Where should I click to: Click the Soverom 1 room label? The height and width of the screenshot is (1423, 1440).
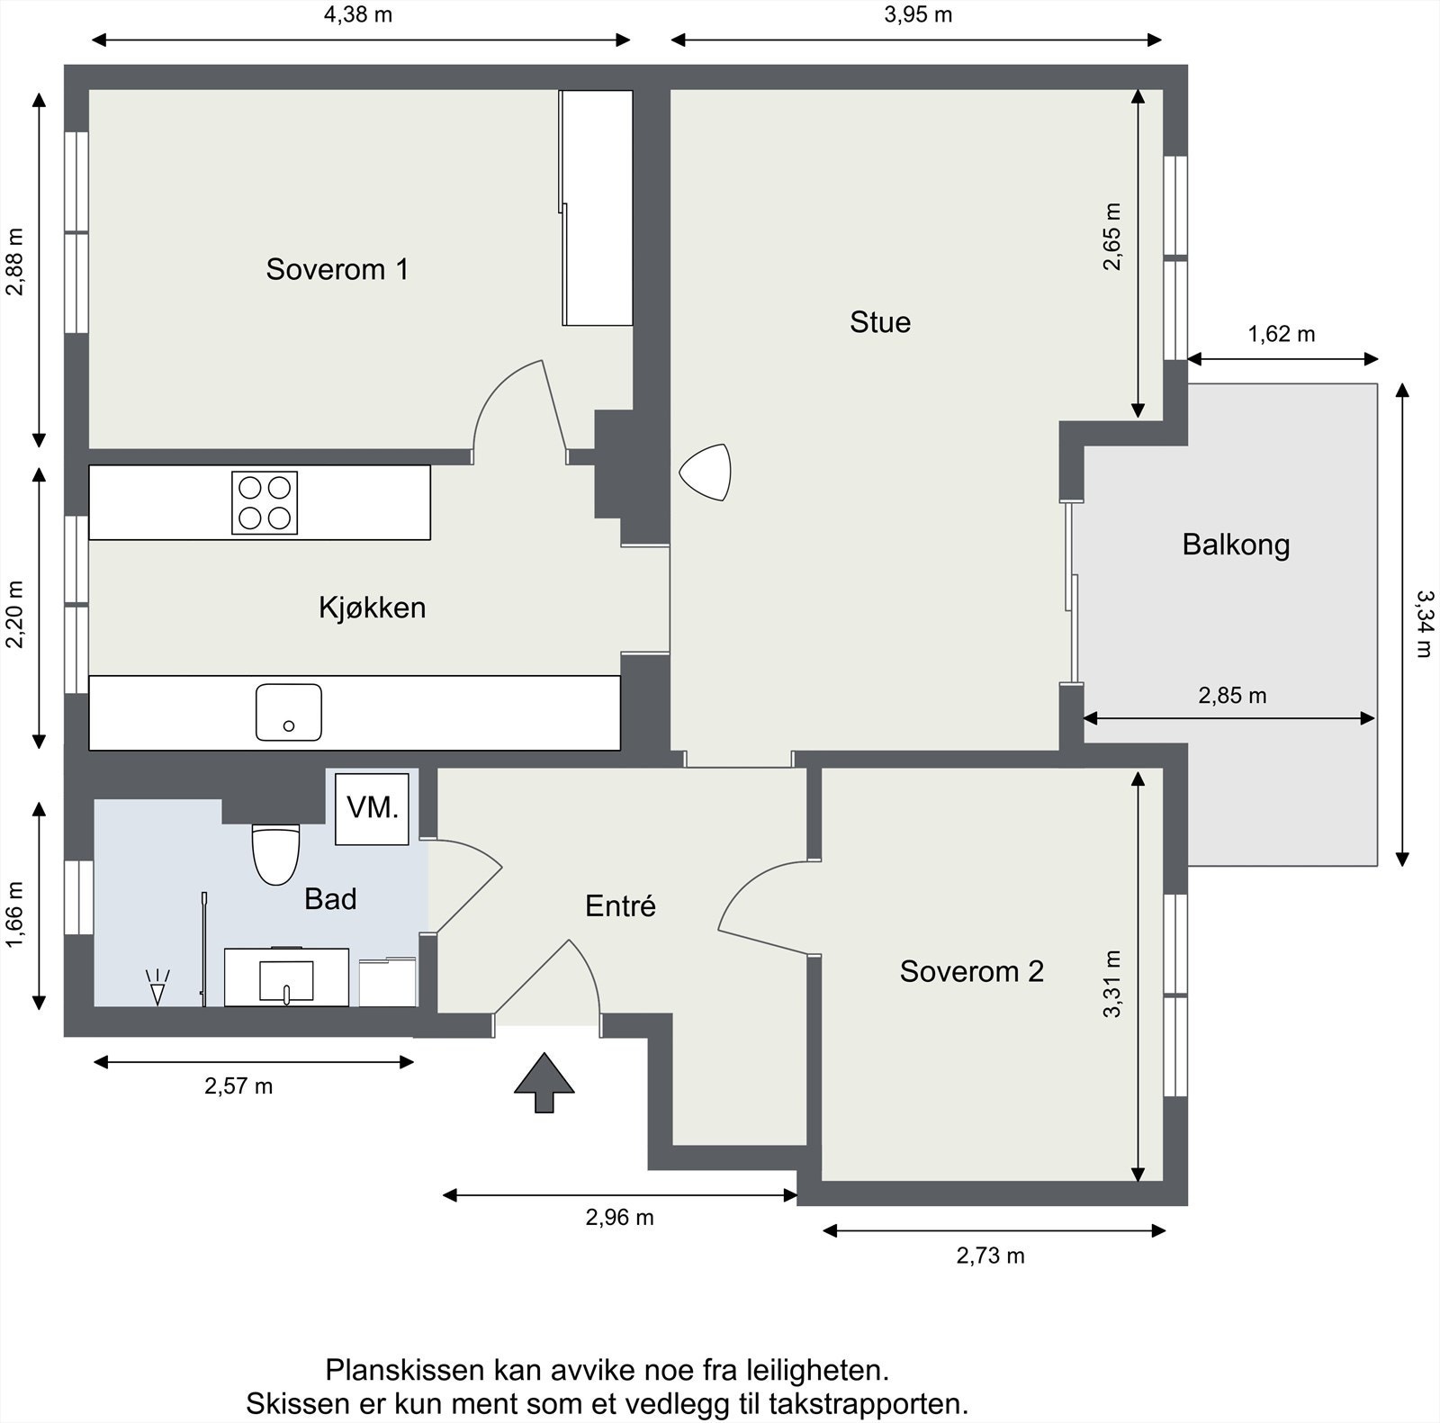[337, 269]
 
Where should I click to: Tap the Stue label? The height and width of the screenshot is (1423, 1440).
[880, 322]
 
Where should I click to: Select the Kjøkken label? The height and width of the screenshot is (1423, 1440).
[372, 608]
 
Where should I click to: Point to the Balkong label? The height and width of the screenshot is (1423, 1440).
[1236, 545]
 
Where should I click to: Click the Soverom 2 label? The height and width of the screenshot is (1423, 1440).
[972, 971]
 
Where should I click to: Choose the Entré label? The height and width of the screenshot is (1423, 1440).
[620, 905]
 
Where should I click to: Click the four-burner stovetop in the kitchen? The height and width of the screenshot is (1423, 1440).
[265, 503]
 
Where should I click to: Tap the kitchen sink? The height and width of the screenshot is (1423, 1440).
[289, 712]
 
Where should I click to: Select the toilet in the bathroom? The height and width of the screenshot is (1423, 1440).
[275, 854]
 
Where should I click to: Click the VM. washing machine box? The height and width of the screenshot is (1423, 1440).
[373, 808]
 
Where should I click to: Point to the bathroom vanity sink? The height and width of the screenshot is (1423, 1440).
[286, 977]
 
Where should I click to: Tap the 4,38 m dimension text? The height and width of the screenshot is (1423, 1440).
[358, 14]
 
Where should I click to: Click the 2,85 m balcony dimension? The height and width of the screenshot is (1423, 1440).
[1232, 695]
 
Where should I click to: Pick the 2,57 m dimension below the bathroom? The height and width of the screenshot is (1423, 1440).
[238, 1085]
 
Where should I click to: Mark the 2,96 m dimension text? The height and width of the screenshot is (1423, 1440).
[620, 1217]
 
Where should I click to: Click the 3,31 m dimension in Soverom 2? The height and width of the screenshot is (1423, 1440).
[1113, 984]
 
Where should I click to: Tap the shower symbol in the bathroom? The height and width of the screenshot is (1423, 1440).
[158, 986]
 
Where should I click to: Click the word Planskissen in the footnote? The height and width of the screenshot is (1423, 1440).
[406, 1370]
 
